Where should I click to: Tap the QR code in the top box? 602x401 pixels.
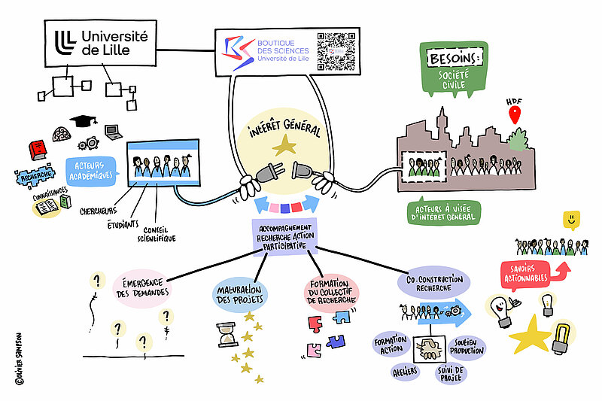coord(336,51)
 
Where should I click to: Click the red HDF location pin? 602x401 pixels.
coord(515,115)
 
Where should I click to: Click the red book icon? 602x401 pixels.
coord(35,150)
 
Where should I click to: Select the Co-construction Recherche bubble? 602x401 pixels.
coord(433,284)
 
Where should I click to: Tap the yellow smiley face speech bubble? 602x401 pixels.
coord(572,220)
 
